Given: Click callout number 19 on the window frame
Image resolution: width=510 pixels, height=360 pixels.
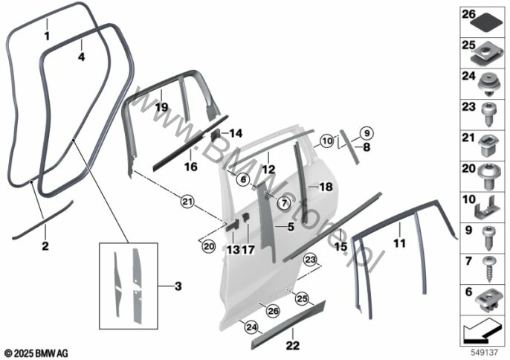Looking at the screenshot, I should coord(161,107).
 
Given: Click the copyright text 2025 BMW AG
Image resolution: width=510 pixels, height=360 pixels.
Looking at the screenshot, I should coord(36,351).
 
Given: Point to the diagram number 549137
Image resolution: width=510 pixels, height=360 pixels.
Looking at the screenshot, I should coord(485,351).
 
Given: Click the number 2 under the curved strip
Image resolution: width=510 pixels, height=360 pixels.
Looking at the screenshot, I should coord(45,245).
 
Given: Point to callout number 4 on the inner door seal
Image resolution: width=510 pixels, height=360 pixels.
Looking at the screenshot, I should coord(82,55).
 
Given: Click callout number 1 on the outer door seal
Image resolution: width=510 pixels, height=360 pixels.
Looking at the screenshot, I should coord(46,35).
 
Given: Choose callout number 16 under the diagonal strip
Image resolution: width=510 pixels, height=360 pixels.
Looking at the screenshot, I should coord(191,167).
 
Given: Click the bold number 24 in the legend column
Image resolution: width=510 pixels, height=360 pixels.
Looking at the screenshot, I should coord(468,76).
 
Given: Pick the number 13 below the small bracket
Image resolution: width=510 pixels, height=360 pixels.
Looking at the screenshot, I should coord(233,251).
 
